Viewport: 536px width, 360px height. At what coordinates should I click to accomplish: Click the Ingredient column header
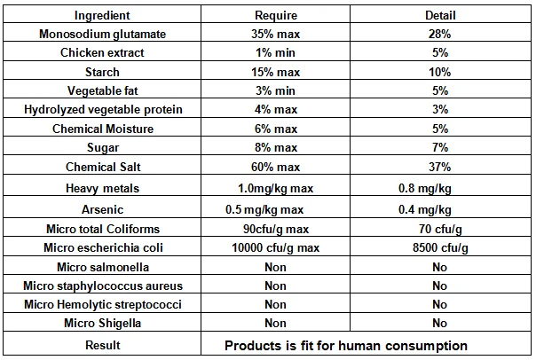coord(102,15)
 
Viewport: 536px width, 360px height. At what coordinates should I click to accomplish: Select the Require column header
coord(276,15)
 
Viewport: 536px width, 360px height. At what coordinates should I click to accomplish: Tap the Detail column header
coord(440,15)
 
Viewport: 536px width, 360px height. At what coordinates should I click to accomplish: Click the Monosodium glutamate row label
coord(102,34)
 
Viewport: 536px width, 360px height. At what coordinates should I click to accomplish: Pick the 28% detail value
coord(440,34)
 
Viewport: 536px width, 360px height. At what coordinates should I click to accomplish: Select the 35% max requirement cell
coord(276,34)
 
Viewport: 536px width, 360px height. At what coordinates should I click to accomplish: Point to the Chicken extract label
coord(102,52)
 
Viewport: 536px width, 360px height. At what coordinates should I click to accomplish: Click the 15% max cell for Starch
coord(276,72)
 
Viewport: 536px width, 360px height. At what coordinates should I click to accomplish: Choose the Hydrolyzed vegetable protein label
coord(102,110)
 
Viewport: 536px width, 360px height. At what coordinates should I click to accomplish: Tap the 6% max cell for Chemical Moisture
coord(276,129)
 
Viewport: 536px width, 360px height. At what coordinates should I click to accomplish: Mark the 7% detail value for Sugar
coord(440,147)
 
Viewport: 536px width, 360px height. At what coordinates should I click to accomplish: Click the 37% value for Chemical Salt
coord(440,166)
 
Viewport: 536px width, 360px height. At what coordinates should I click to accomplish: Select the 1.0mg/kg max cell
coord(276,188)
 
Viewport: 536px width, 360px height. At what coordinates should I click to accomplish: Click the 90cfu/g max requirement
coord(276,230)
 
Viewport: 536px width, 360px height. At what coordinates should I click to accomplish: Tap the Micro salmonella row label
coord(102,267)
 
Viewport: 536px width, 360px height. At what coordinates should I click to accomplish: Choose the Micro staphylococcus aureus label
coord(102,286)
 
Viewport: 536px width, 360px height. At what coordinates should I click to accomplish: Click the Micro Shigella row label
coord(102,324)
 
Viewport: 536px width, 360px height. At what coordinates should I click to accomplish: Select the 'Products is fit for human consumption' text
coord(346,345)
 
